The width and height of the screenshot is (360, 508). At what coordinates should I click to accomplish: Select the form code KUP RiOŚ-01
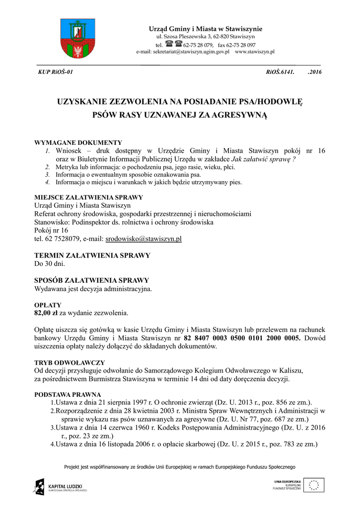56,72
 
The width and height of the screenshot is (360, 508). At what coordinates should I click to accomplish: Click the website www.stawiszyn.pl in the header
255,52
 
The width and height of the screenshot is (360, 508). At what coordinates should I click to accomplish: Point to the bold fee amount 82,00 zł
46,313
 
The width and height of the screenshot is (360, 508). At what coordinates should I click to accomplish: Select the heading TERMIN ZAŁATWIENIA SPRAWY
92,255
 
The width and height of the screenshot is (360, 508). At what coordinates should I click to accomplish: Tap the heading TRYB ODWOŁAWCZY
69,363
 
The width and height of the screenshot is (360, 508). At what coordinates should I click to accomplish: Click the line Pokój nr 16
51,231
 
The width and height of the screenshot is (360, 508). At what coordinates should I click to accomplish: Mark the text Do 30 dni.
50,263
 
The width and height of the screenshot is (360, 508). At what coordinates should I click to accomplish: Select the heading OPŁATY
48,305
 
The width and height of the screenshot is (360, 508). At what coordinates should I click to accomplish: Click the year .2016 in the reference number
315,72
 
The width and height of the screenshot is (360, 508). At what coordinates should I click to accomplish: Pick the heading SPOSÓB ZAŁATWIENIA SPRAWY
91,280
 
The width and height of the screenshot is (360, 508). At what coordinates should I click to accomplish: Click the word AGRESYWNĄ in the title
240,116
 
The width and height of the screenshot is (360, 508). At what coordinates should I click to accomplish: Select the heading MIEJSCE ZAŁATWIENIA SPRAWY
88,197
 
